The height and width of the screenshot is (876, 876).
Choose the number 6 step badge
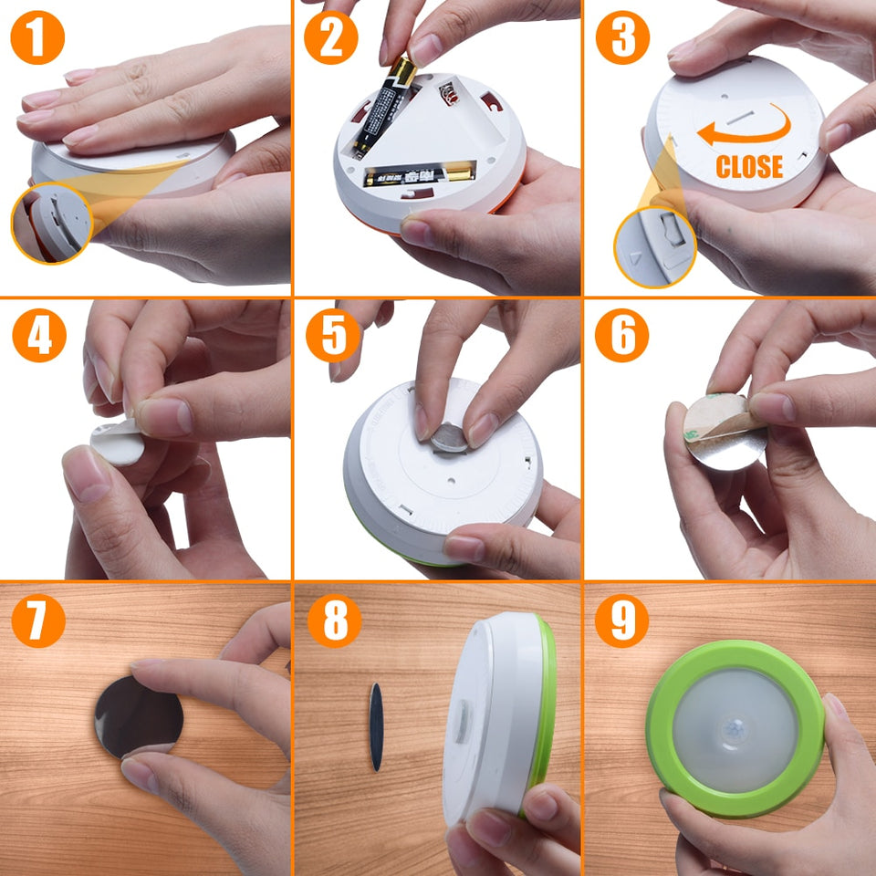pyautogui.click(x=622, y=336)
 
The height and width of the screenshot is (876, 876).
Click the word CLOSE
pyautogui.click(x=749, y=166)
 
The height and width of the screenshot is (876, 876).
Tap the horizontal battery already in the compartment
pyautogui.click(x=419, y=174)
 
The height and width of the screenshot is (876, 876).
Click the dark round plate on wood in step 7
pyautogui.click(x=138, y=715)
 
